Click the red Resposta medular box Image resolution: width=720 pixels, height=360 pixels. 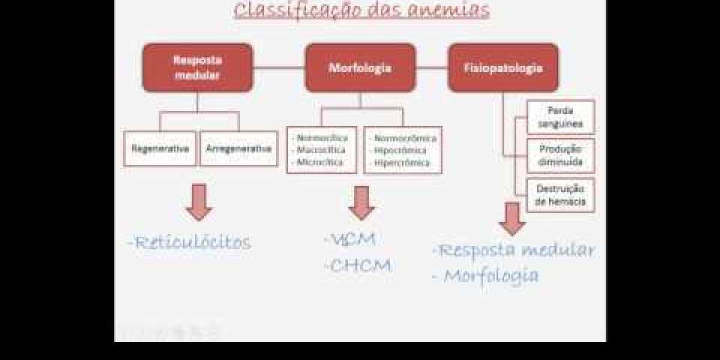(x=197, y=68)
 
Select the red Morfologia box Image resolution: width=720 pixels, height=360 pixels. (x=360, y=68)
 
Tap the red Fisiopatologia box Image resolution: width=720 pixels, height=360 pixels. (x=503, y=68)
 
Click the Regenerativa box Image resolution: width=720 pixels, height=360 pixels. (x=160, y=148)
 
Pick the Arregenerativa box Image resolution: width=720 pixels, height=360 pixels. (x=238, y=148)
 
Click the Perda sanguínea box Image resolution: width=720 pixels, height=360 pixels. (x=560, y=117)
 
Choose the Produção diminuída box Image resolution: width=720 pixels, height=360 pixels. (x=560, y=155)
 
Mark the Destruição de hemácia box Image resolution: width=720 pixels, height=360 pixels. (x=560, y=195)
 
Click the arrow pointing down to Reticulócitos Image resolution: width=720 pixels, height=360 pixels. (x=199, y=202)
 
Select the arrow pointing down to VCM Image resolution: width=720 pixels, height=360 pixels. (x=361, y=203)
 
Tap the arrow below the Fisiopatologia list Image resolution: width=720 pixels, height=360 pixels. (x=512, y=218)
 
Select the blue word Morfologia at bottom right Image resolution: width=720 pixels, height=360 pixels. (x=491, y=276)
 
